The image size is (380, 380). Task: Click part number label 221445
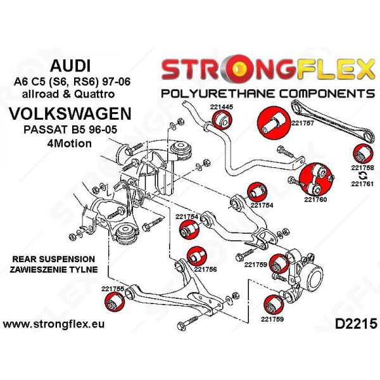[x=222, y=107]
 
